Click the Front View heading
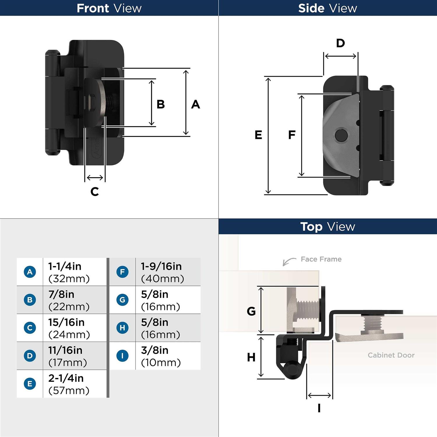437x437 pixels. pos(109,8)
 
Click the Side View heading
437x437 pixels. pos(327,8)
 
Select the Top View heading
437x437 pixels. pos(327,227)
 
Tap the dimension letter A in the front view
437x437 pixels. pos(195,104)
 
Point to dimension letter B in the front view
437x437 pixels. pos(161,104)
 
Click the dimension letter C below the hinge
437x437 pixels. pos(95,192)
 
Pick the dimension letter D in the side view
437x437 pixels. pos(340,43)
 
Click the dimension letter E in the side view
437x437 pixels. pos(258,135)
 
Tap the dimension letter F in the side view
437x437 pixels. pos(292,135)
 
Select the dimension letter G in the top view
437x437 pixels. pos(251,311)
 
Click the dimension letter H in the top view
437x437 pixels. pos(251,357)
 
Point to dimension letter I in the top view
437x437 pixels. pos(319,408)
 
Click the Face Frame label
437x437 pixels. pos(321,259)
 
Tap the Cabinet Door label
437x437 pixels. pos(391,355)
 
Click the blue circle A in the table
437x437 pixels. pos(30,272)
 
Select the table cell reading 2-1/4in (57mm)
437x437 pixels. pos(69,384)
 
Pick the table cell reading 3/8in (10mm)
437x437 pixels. pos(161,356)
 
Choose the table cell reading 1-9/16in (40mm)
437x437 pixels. pos(162,272)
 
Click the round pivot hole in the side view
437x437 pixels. pos(341,135)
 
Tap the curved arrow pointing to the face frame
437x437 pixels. pos(289,261)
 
